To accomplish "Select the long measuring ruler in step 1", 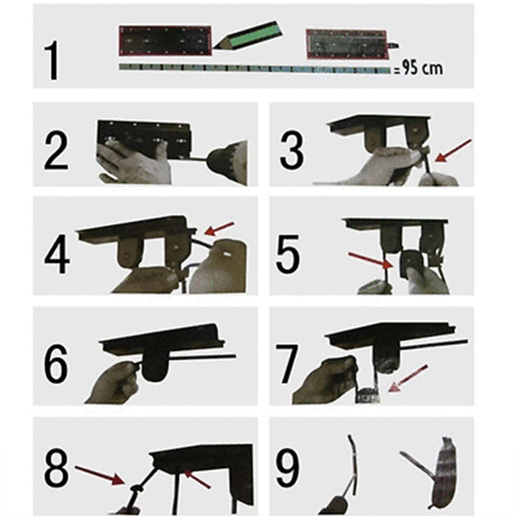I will [x=254, y=67].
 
